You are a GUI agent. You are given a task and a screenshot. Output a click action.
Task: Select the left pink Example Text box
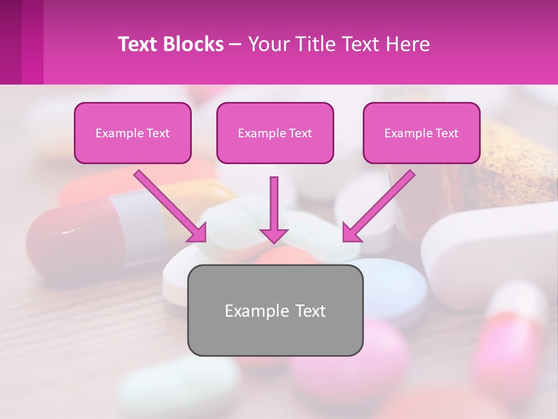pyautogui.click(x=133, y=133)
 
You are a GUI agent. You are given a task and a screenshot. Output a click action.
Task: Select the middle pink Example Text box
pyautogui.click(x=275, y=133)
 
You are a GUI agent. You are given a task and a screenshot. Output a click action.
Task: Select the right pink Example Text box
pyautogui.click(x=421, y=133)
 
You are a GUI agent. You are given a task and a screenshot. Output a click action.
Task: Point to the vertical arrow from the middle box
pyautogui.click(x=274, y=210)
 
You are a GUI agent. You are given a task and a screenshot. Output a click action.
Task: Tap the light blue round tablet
pyautogui.click(x=395, y=288)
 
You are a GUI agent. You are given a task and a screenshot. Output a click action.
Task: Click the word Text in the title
pyautogui.click(x=139, y=44)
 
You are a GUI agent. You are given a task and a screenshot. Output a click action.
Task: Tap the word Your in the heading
pyautogui.click(x=268, y=44)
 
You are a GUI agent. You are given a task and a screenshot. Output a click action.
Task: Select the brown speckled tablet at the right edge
pyautogui.click(x=517, y=157)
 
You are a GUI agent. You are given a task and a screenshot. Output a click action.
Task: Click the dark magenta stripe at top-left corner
pyautogui.click(x=10, y=41)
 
